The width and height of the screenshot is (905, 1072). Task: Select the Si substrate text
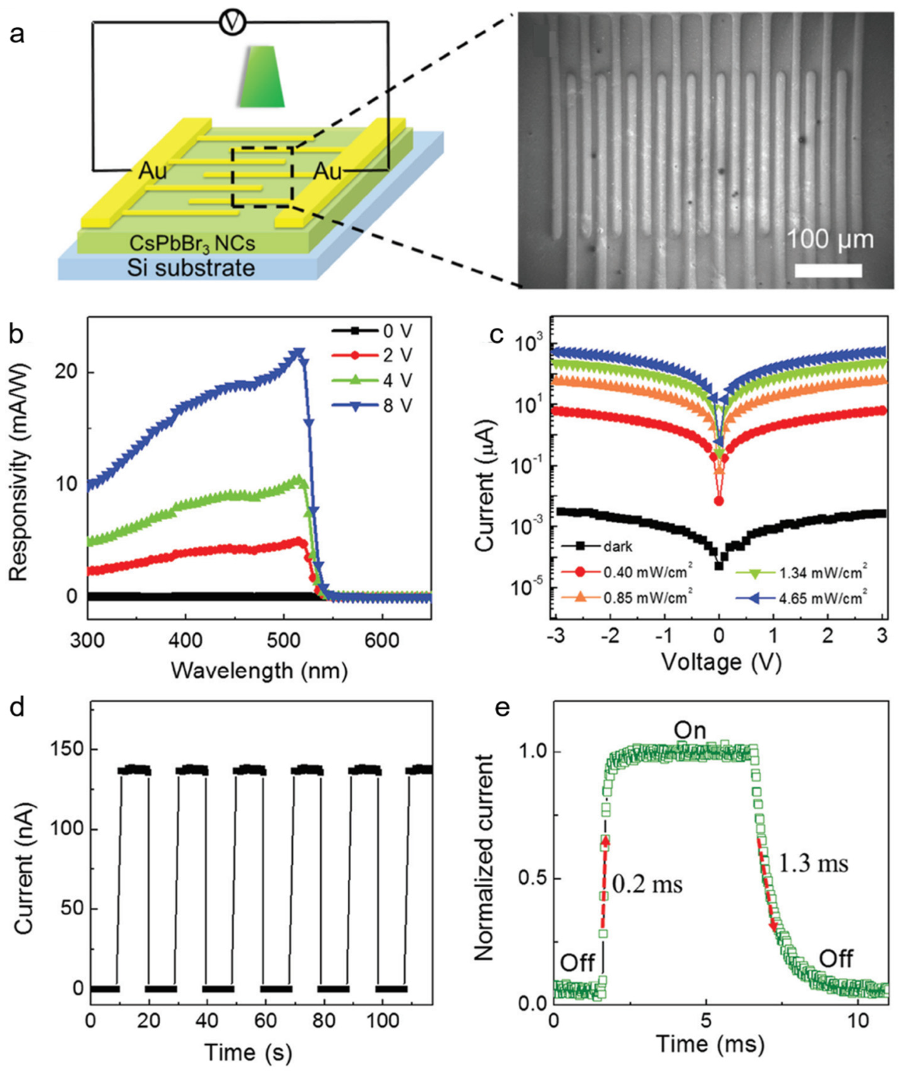[191, 268]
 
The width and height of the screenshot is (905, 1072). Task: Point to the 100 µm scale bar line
[828, 270]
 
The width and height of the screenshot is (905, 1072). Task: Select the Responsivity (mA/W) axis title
[21, 472]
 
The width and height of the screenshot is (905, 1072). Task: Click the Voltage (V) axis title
[721, 663]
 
